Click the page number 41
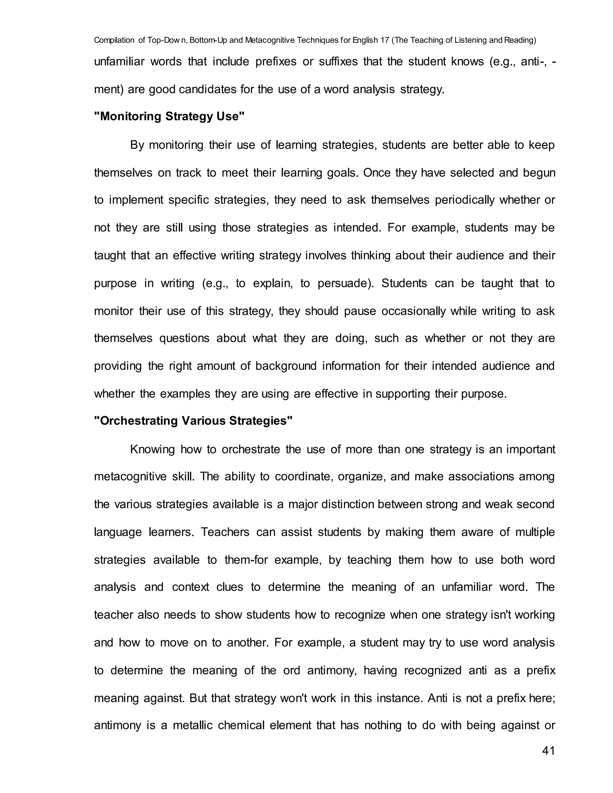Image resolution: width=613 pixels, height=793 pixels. [548, 751]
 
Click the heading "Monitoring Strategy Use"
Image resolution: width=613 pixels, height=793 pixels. [169, 116]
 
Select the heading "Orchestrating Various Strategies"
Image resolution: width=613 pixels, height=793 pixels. [193, 420]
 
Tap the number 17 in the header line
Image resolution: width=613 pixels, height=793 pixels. [385, 40]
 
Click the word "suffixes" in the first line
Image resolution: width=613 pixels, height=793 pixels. [338, 61]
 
